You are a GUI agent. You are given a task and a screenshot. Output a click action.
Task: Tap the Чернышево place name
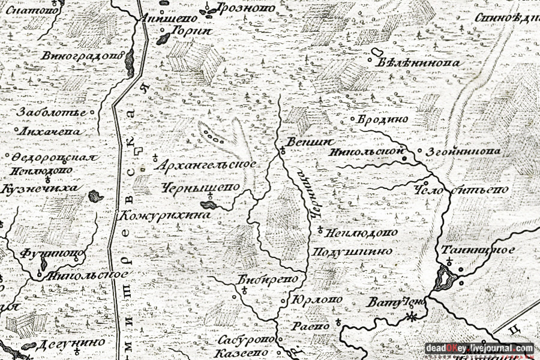(x=200, y=187)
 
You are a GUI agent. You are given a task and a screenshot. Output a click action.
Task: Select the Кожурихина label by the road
(x=167, y=214)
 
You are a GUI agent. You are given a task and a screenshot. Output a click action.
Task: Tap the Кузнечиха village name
(x=40, y=188)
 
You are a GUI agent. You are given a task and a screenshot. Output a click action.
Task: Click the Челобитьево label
(x=461, y=190)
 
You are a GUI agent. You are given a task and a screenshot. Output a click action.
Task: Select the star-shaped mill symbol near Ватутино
(x=411, y=316)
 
